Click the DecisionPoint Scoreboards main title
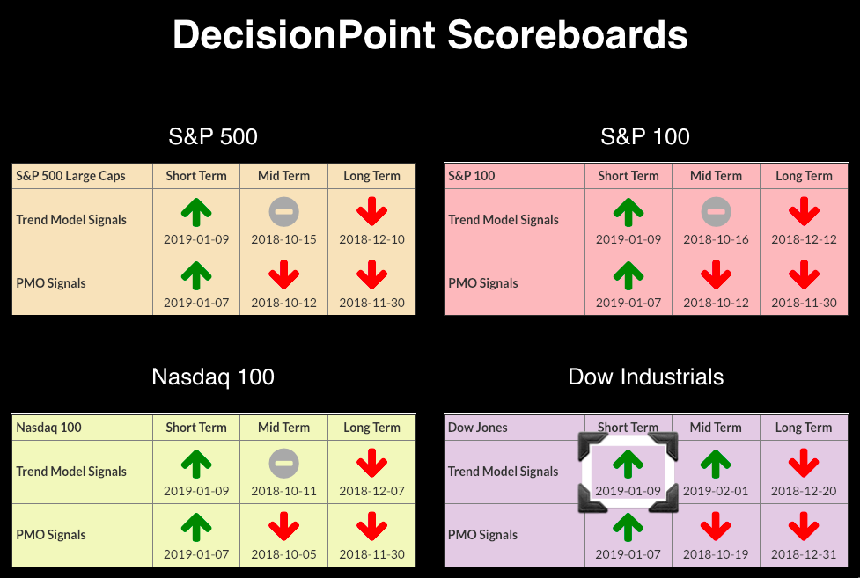(430, 35)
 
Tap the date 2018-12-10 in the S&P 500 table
(371, 239)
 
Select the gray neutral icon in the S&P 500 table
(284, 212)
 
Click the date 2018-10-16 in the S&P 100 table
(716, 239)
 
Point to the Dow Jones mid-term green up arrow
(716, 464)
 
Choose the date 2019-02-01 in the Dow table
(716, 492)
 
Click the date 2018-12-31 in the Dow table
(804, 554)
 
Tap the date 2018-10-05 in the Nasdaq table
(284, 554)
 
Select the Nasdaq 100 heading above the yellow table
(213, 377)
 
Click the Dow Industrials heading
(645, 377)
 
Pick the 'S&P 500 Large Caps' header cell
(70, 176)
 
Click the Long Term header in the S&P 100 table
(804, 176)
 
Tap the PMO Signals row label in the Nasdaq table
(51, 535)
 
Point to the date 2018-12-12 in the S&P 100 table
(804, 239)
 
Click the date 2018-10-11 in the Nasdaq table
(284, 492)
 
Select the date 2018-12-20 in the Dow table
(804, 492)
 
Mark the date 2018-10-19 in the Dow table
(716, 554)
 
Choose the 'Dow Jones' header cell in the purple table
(478, 428)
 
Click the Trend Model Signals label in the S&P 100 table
(504, 220)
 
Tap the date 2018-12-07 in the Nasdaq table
(371, 492)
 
